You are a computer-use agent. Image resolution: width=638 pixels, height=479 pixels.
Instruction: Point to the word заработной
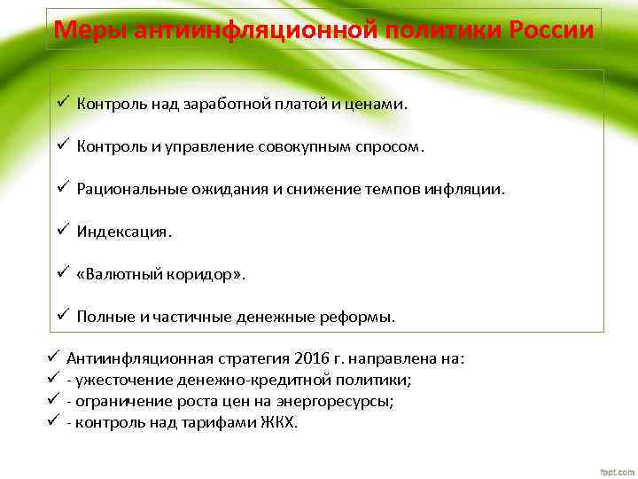[218, 104]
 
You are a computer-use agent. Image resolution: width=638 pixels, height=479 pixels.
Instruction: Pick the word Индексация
[124, 232]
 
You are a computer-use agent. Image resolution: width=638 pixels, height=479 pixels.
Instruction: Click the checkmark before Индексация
[63, 231]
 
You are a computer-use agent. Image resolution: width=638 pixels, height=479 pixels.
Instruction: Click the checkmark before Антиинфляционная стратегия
[52, 358]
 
